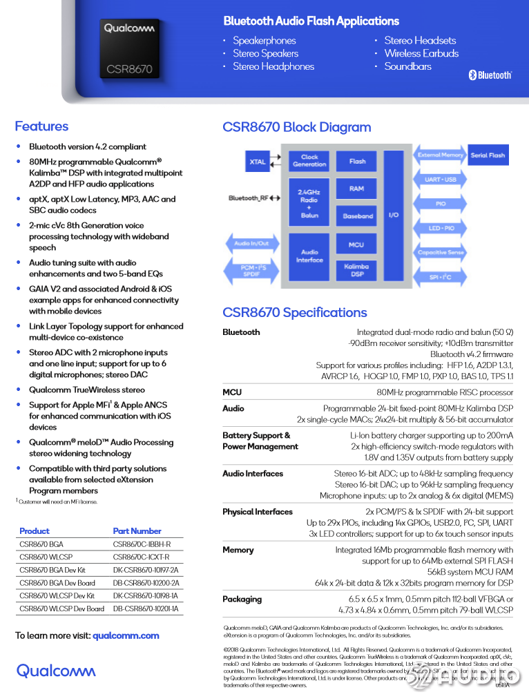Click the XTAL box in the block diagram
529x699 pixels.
258,162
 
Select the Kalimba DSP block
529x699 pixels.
356,270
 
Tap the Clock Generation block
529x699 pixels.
309,161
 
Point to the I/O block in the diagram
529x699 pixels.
394,215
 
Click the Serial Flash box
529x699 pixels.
488,155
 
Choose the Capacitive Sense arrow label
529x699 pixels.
441,253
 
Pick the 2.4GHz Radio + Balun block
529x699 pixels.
309,203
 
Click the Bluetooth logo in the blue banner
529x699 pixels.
490,75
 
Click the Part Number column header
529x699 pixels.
137,531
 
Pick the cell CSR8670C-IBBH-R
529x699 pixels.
142,544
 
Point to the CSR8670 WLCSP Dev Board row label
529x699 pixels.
61,609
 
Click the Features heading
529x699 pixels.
41,126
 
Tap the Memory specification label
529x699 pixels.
238,550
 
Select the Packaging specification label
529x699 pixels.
242,600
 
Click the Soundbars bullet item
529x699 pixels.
407,66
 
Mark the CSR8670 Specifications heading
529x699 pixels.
294,313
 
